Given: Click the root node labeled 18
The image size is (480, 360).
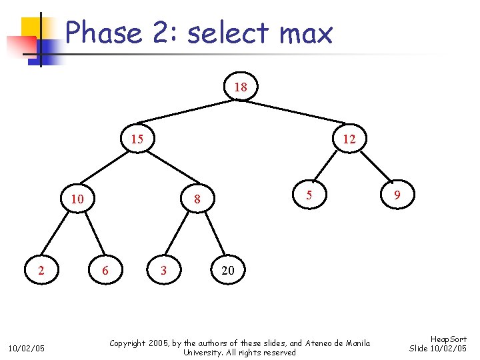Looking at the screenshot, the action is point(241,87).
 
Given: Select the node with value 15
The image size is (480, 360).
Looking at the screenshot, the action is point(137,139).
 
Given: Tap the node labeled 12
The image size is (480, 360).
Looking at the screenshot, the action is point(349,139).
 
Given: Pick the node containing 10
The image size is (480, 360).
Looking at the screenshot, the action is point(77,199).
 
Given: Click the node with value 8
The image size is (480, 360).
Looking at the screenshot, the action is point(197,199).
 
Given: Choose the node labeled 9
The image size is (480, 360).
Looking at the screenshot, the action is point(397,196).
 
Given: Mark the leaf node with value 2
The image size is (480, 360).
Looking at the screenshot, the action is point(41,270).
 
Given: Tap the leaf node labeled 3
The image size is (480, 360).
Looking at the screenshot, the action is point(164,270).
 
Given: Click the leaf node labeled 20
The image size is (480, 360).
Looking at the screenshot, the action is point(227,270).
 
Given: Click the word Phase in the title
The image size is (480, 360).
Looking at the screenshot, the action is point(104,33).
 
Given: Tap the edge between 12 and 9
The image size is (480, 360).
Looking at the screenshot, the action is point(374,169).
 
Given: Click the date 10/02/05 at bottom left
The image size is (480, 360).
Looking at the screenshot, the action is point(26,348).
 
